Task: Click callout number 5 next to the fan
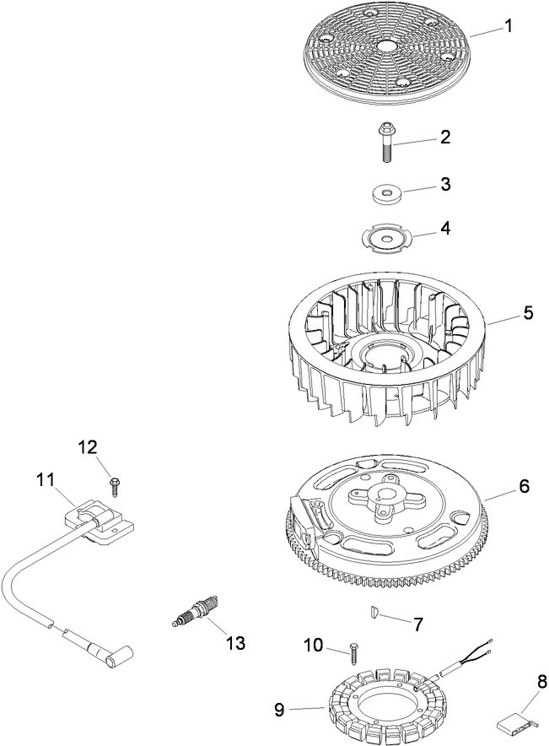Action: pyautogui.click(x=528, y=312)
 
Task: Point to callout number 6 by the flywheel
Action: pyautogui.click(x=525, y=486)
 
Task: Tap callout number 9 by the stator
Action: pyautogui.click(x=278, y=710)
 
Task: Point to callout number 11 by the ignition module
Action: pyautogui.click(x=46, y=479)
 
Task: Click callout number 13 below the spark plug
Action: pyautogui.click(x=235, y=643)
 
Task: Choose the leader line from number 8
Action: pyautogui.click(x=527, y=703)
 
